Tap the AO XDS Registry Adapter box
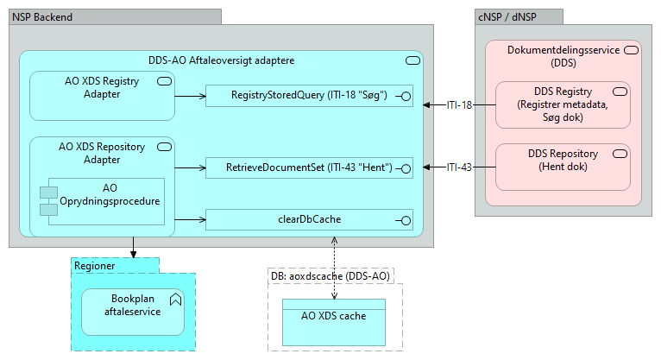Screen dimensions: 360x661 point(102,95)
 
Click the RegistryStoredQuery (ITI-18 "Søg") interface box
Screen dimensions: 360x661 point(308,95)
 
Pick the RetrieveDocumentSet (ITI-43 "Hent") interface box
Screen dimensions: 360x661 point(308,167)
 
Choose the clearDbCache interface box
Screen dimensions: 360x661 point(308,219)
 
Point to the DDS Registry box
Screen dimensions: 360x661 point(562,104)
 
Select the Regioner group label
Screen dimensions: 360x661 point(95,266)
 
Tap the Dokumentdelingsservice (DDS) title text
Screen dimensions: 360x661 point(563,56)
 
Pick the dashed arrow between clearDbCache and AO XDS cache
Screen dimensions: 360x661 point(334,263)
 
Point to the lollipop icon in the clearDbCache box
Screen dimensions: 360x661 point(401,219)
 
